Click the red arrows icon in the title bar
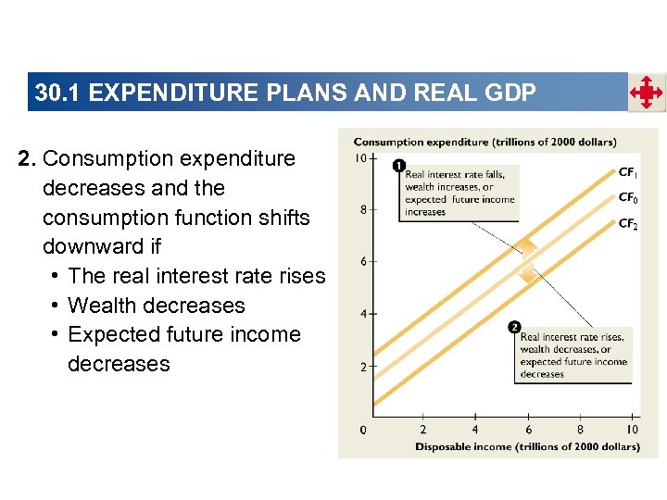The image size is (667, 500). click(x=646, y=93)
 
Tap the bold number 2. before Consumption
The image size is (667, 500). click(x=27, y=158)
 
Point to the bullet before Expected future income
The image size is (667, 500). click(x=57, y=334)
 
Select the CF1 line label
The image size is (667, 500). click(x=627, y=172)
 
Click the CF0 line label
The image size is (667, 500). click(x=627, y=198)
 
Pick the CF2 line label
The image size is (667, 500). click(x=627, y=224)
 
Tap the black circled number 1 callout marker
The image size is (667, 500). click(x=398, y=166)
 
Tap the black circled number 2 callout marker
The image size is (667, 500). click(x=513, y=327)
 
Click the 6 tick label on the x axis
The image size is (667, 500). click(x=528, y=430)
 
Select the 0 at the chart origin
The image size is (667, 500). click(x=362, y=430)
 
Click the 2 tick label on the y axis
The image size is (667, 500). click(x=362, y=368)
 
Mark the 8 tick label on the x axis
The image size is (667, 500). click(x=580, y=430)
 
